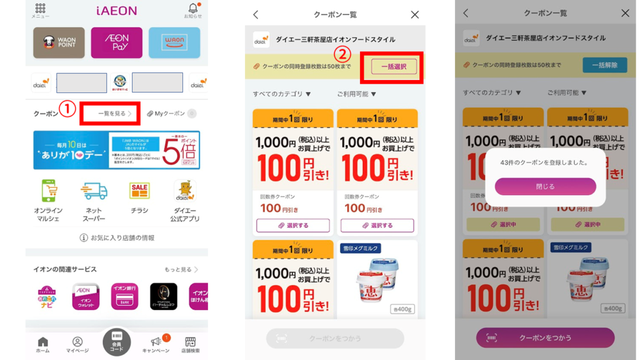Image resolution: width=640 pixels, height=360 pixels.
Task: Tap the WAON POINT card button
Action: point(59,42)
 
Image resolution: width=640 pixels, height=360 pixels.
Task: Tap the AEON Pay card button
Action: point(116,42)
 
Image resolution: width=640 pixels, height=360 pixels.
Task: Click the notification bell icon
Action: point(192,8)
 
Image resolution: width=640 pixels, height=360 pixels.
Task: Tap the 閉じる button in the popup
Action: point(545,186)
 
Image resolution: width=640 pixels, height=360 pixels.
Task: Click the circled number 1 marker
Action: point(67,109)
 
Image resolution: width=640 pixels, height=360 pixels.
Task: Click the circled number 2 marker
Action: point(341,54)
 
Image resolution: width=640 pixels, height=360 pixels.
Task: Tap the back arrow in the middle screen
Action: point(256,14)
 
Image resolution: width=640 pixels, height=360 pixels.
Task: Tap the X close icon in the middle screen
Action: point(415,14)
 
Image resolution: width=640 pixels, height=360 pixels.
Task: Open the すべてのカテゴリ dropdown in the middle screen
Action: point(282,94)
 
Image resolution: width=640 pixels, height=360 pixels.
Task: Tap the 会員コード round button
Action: point(117,342)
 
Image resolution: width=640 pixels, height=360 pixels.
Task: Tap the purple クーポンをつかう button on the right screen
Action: point(545,337)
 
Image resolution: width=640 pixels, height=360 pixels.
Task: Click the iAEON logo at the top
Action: point(116,11)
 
